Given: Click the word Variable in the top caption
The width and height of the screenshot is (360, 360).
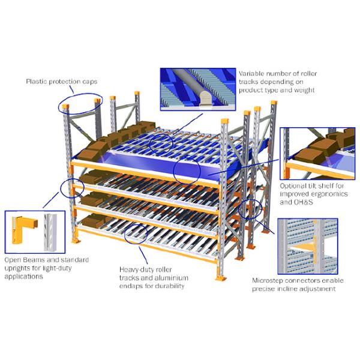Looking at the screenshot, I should (252, 73).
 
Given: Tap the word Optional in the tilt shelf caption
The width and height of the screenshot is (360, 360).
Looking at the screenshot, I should (293, 186).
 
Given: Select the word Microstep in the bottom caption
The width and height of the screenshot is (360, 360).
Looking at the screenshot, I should (268, 280).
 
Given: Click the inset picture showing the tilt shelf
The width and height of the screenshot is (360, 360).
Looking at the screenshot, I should (321, 153).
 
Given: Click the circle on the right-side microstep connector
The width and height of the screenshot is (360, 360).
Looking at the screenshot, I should (250, 209).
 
